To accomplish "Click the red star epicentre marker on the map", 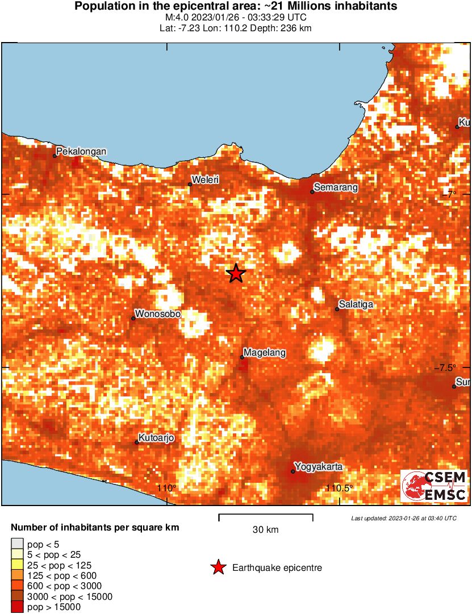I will (x=236, y=273).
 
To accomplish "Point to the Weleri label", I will (x=206, y=180).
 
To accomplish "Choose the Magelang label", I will (x=265, y=353).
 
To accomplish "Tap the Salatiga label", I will (x=357, y=304).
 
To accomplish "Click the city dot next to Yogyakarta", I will (x=293, y=471).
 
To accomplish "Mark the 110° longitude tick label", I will (x=167, y=488).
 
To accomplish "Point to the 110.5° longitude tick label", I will (x=340, y=488).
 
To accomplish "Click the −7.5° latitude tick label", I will (x=452, y=367).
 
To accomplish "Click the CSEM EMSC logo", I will (x=435, y=486).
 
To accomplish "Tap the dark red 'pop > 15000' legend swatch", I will (x=18, y=607).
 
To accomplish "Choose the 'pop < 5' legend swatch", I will (x=18, y=544).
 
